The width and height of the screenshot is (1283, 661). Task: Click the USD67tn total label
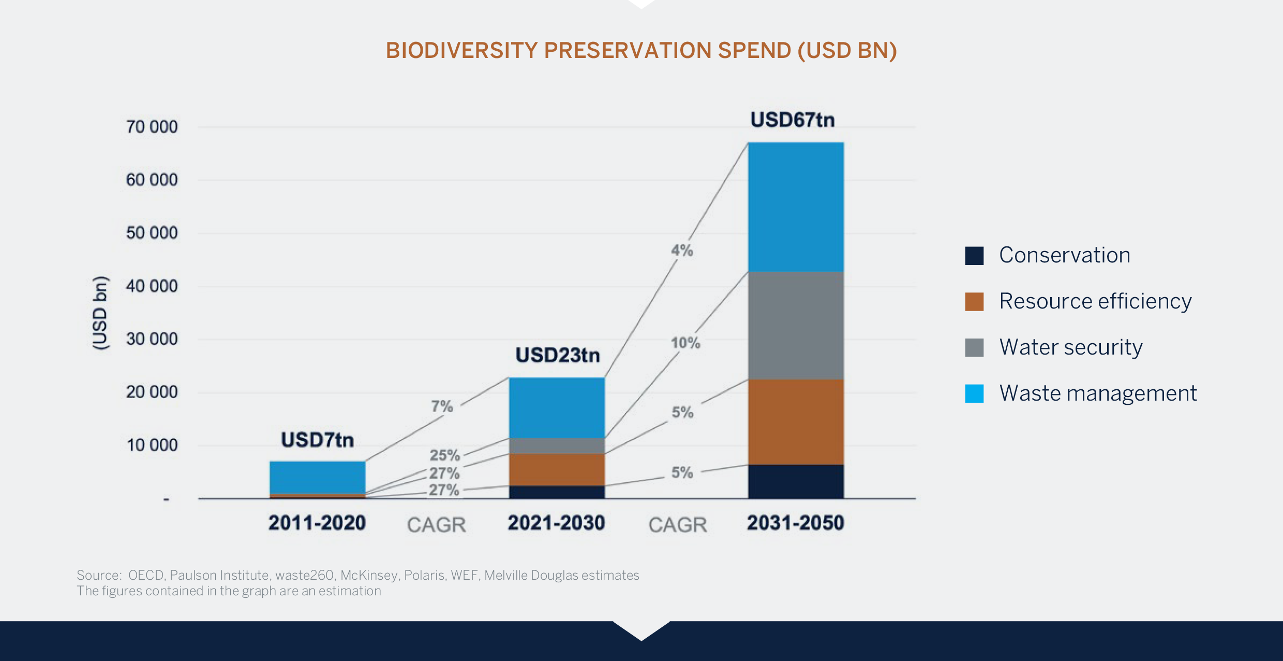(x=793, y=120)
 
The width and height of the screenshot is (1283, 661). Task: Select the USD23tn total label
(x=558, y=356)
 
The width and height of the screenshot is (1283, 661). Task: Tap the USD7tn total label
(x=317, y=440)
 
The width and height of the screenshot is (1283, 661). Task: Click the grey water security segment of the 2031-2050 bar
(x=796, y=326)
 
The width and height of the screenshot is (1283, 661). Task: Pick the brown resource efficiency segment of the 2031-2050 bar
(x=796, y=422)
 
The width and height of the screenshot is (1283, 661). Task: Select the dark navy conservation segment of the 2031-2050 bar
(x=796, y=481)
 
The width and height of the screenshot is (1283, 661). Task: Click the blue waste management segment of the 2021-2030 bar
(x=557, y=408)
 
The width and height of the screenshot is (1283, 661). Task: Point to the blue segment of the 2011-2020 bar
(x=317, y=477)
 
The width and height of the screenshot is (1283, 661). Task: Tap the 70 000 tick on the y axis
(x=152, y=127)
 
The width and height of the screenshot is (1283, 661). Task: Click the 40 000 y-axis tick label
(x=152, y=286)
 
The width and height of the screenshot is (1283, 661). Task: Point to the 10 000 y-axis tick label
(x=152, y=445)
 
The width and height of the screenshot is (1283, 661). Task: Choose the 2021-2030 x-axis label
(x=556, y=523)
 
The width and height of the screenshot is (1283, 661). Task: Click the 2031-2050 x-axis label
(x=795, y=523)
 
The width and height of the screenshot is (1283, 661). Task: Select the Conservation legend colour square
(x=974, y=256)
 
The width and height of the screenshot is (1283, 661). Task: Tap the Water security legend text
(x=1070, y=347)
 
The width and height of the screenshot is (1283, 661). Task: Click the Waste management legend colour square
(x=974, y=393)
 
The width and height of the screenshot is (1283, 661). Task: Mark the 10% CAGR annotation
(x=685, y=343)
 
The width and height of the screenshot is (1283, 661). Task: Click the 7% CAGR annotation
(x=442, y=406)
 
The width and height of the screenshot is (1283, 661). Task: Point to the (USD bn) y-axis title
(x=100, y=313)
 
